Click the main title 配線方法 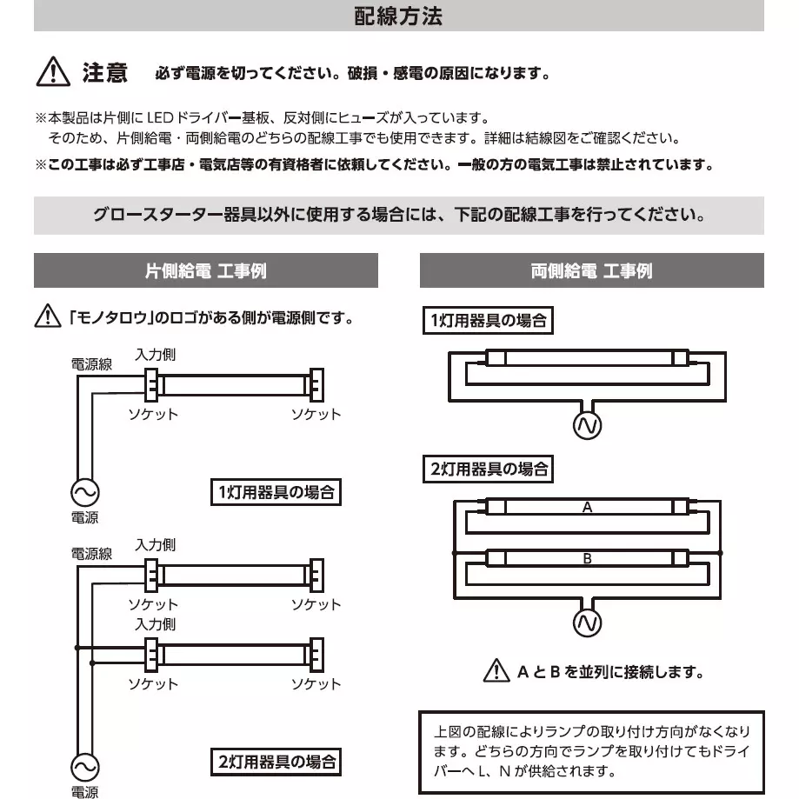click(399, 17)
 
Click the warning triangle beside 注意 click(53, 72)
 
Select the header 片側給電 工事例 click(205, 271)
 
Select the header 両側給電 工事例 click(591, 271)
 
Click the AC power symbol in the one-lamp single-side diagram click(83, 493)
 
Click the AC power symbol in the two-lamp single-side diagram click(83, 768)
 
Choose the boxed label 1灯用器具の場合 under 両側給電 click(488, 321)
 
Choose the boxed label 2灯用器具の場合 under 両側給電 click(488, 469)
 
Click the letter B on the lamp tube click(587, 559)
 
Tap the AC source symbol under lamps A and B click(587, 623)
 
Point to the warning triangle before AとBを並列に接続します click(496, 671)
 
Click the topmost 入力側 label click(156, 355)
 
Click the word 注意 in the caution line click(104, 73)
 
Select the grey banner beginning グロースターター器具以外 click(399, 215)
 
